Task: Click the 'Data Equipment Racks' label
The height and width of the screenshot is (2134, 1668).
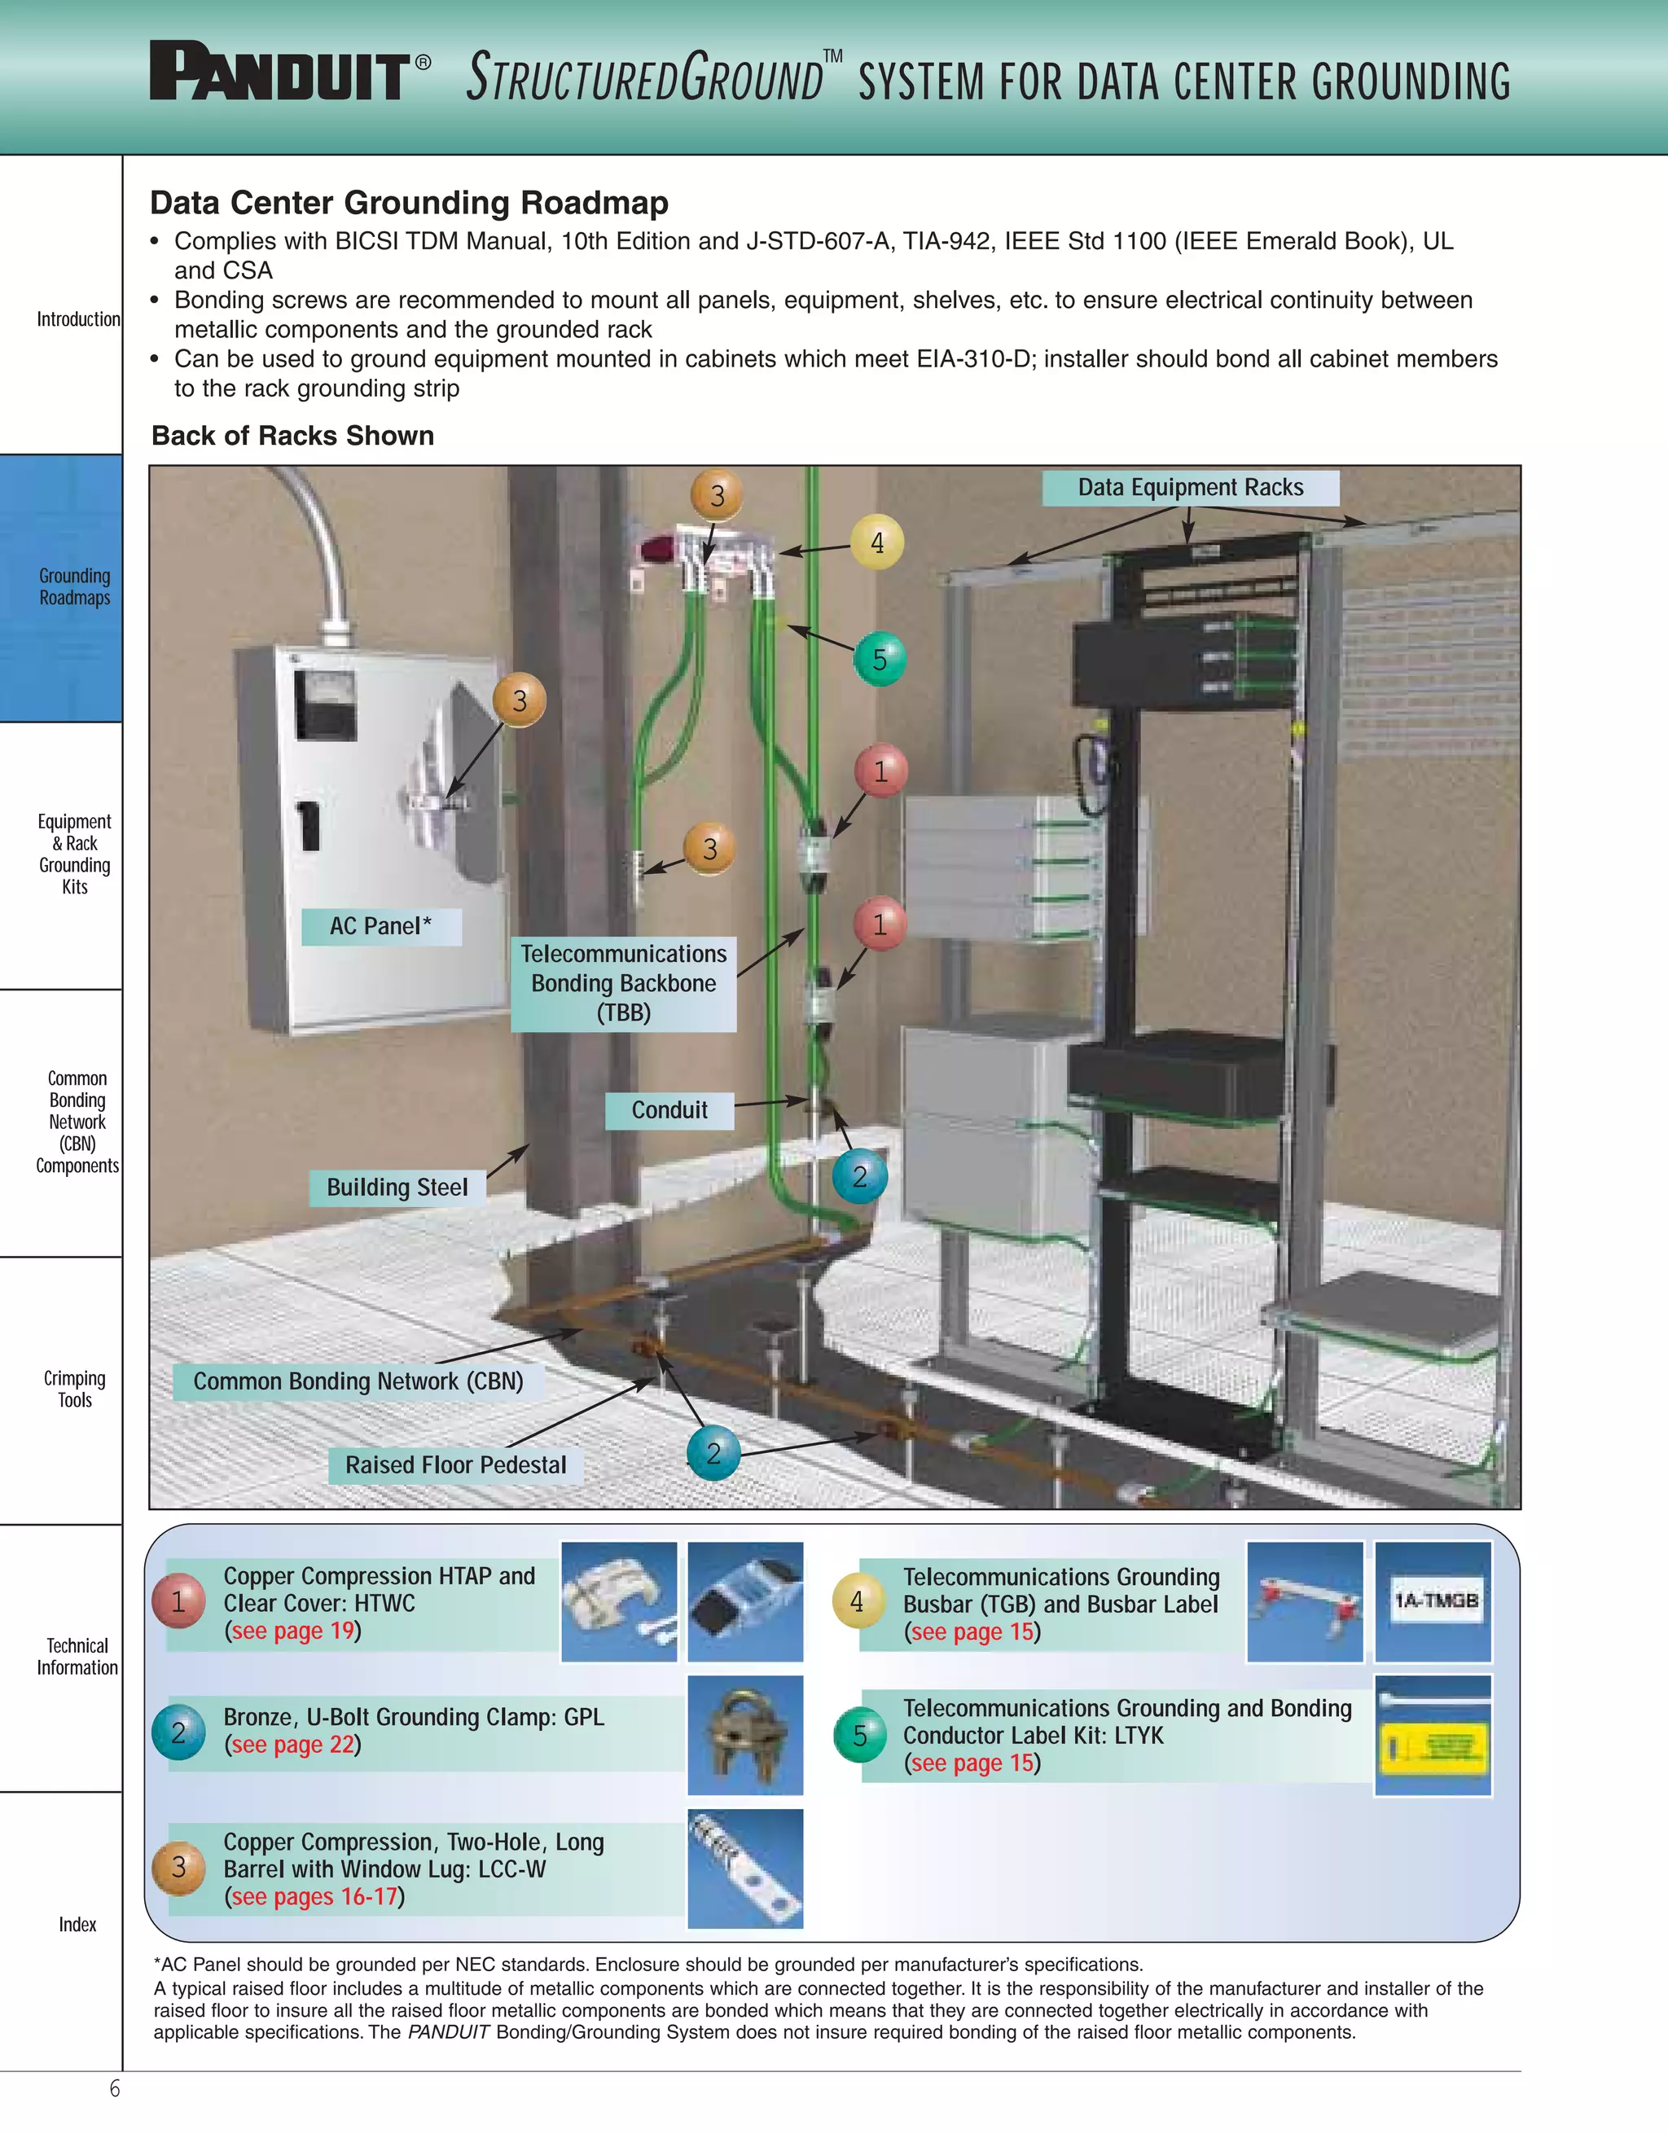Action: click(x=1189, y=488)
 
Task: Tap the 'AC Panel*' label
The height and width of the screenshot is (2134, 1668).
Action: click(x=380, y=926)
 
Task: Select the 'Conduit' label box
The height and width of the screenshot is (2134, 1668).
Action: click(x=669, y=1111)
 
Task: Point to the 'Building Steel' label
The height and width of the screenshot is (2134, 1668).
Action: click(x=397, y=1188)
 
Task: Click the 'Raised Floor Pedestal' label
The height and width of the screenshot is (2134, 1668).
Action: click(x=455, y=1465)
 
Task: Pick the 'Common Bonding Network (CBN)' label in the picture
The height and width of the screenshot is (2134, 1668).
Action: click(x=358, y=1381)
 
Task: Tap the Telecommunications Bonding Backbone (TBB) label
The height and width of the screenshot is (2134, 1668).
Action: click(x=623, y=983)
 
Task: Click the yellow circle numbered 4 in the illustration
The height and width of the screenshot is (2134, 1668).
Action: click(x=876, y=542)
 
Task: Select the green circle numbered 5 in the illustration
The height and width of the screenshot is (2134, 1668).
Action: click(x=879, y=660)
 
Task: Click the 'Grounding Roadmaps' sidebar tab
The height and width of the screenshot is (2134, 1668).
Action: click(x=74, y=587)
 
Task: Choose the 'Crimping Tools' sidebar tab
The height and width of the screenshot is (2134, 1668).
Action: click(x=74, y=1390)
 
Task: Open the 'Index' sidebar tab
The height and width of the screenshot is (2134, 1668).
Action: click(x=77, y=1925)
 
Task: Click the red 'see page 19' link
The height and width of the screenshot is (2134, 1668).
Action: click(x=292, y=1631)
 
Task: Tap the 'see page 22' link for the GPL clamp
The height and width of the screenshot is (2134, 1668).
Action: click(x=292, y=1745)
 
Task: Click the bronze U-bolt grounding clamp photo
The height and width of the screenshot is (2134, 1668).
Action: click(x=744, y=1736)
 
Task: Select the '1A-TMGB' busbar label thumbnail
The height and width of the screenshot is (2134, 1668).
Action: click(x=1433, y=1601)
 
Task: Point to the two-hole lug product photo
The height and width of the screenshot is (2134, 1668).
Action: click(x=744, y=1868)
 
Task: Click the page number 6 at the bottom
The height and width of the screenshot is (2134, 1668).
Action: click(x=114, y=2089)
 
